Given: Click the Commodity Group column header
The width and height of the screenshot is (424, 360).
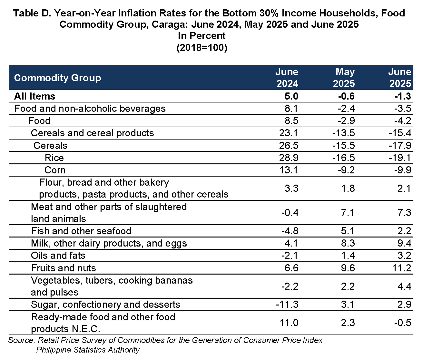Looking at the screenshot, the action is coord(58,78).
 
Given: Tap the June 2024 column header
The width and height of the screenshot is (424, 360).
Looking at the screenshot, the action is coord(287,78).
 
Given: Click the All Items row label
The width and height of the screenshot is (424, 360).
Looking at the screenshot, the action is coord(35,96).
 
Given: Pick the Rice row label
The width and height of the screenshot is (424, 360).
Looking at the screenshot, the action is coord(54,158).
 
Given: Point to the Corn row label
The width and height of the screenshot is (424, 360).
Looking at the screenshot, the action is coord(55,170).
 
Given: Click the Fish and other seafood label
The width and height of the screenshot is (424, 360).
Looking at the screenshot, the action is coord(81,231).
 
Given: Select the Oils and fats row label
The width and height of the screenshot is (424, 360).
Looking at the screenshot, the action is coord(58,256).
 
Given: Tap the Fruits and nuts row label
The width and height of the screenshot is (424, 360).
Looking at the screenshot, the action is coord(64,268).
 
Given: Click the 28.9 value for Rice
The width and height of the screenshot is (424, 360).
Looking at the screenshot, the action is coord(289,158).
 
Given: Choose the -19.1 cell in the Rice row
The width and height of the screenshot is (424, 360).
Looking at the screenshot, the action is coord(400,158).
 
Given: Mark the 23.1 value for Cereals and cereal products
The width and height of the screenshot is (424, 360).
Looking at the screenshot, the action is coord(288,133).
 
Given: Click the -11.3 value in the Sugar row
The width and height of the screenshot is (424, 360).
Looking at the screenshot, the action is coord(287,305).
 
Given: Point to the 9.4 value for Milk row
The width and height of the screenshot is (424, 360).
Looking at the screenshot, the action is coord(404,243).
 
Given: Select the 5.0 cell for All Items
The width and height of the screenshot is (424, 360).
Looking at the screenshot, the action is coord(291,96).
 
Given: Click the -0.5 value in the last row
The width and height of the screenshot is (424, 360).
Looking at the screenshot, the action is coord(403,323).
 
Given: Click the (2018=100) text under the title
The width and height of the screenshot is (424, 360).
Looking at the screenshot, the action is coord(202,48).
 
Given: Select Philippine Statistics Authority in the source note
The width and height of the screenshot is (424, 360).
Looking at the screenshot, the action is coord(88,350).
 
